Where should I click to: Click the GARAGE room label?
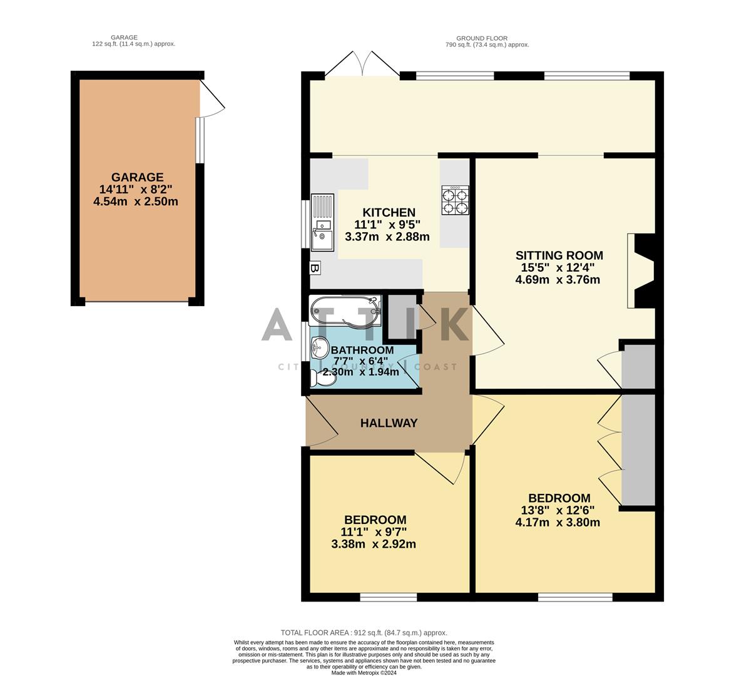(137, 177)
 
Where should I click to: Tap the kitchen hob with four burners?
(455, 200)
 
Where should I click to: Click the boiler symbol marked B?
(315, 269)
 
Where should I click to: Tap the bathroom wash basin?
(320, 346)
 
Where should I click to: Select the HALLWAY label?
(389, 423)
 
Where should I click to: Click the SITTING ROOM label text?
(559, 255)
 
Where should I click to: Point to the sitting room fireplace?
(641, 271)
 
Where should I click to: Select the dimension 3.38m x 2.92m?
(374, 544)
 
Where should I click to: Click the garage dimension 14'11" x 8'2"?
(137, 189)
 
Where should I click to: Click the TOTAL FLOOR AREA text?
(364, 633)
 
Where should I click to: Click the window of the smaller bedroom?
(388, 597)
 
